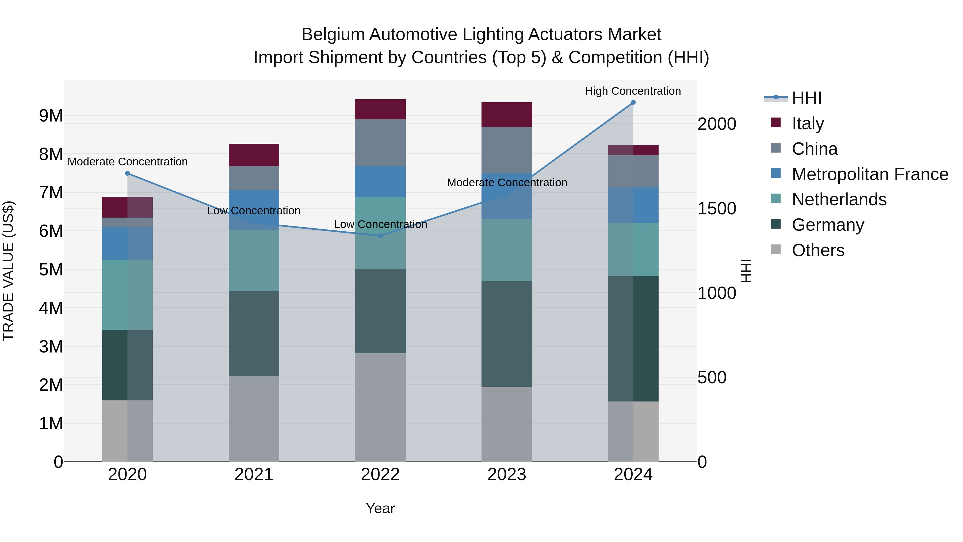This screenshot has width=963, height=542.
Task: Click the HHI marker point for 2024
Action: tap(633, 103)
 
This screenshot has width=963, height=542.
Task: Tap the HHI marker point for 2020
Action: tap(128, 173)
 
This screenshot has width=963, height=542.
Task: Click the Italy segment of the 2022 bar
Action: tap(380, 109)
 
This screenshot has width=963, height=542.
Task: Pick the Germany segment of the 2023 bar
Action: tap(507, 334)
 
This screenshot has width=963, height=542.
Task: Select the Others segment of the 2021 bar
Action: tap(254, 419)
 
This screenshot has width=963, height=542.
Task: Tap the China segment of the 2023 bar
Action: tap(507, 150)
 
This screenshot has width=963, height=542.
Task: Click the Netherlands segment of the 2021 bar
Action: tap(254, 260)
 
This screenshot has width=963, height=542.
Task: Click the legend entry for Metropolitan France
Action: tap(870, 174)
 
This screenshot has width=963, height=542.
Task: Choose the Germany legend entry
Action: tap(828, 225)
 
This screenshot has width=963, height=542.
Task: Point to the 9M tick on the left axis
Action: tap(51, 116)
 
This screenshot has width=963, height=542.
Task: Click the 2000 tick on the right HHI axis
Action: tap(717, 124)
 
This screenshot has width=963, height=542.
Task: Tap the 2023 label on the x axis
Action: tap(507, 475)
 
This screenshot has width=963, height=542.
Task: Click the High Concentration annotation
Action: tap(633, 91)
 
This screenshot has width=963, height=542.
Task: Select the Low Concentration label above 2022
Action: tap(380, 225)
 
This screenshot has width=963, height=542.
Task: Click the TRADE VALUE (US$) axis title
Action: tap(9, 271)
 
